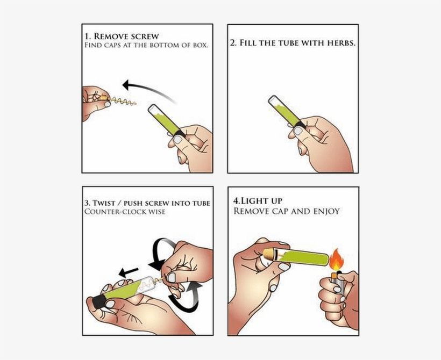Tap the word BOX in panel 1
[x=199, y=46]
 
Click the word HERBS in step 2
[x=339, y=43]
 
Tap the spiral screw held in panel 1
[x=122, y=100]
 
